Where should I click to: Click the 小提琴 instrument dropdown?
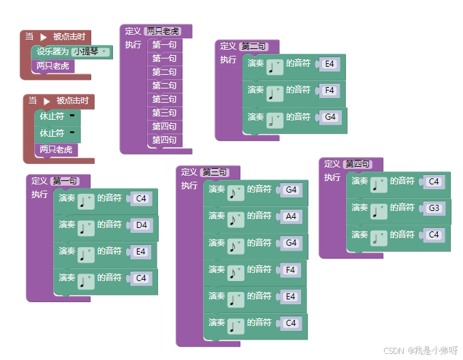point(92,52)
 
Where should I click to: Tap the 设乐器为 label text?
point(52,52)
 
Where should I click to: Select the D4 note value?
point(142,225)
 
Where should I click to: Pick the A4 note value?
point(291,216)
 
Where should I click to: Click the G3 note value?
point(434,208)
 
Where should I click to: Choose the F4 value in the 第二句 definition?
point(330,91)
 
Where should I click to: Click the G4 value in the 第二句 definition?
point(330,117)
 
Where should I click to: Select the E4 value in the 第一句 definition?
point(141,252)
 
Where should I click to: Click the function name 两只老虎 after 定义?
point(163,31)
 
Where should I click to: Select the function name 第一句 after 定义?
point(65,181)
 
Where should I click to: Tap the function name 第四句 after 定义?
point(358,164)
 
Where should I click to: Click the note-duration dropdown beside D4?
point(85,227)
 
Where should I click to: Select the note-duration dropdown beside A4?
point(235,218)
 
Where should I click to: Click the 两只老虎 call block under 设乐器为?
point(53,66)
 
